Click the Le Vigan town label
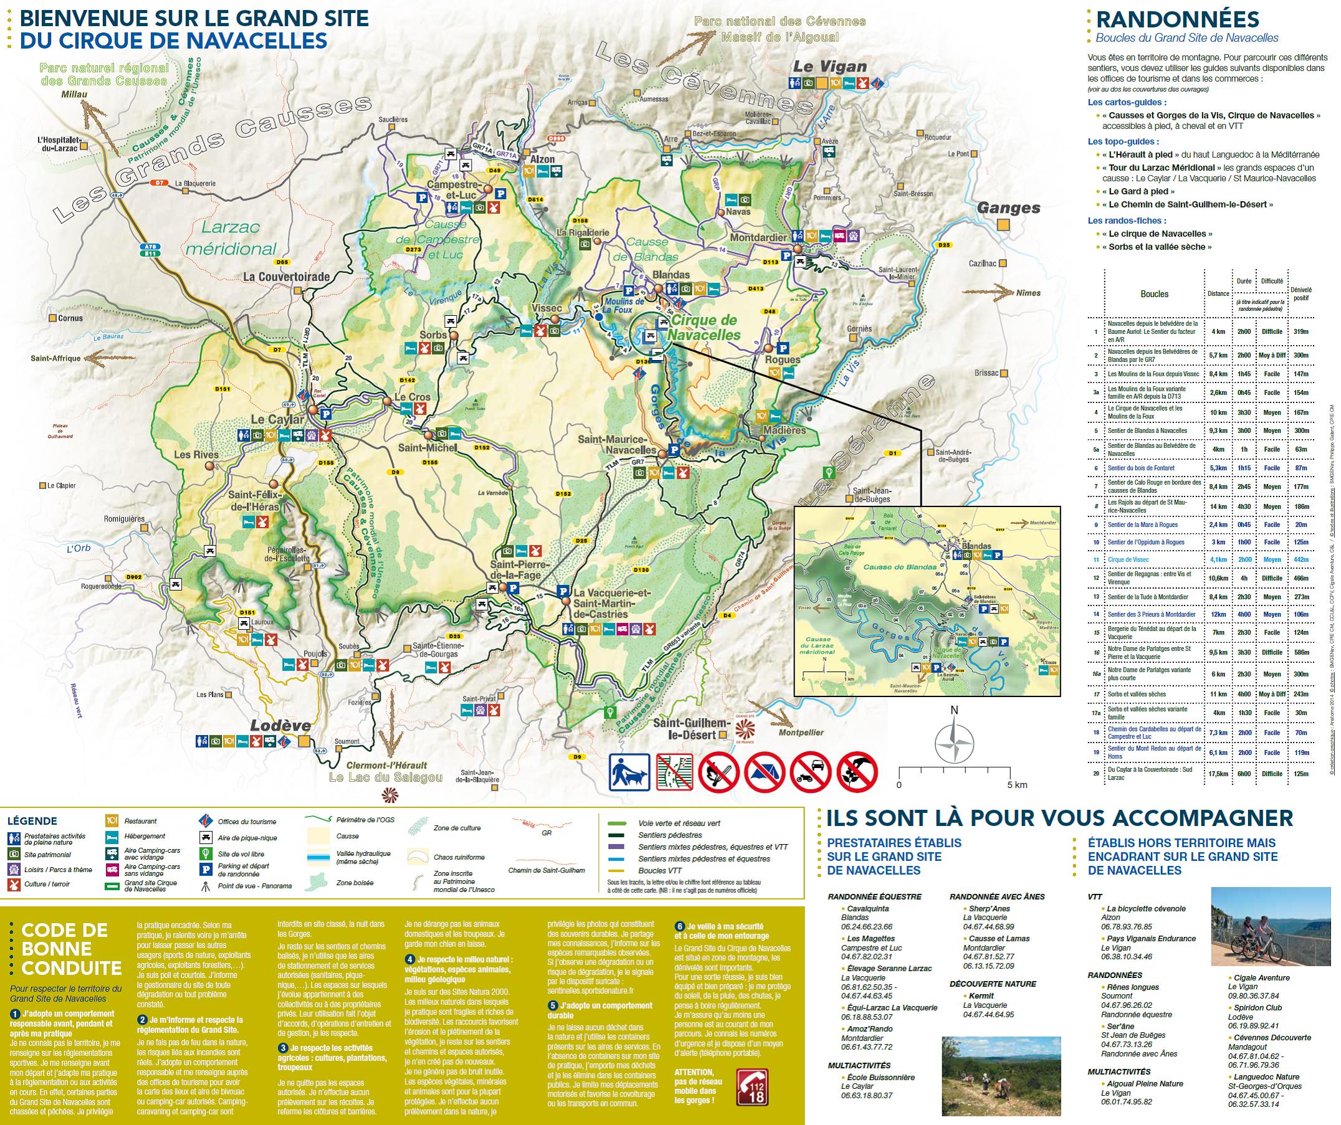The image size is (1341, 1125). click(x=829, y=67)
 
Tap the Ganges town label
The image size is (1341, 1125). click(x=1008, y=207)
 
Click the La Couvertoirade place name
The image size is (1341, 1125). click(x=286, y=277)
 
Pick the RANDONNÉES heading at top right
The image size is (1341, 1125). click(x=1177, y=20)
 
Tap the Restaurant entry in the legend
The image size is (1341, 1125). click(x=140, y=821)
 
